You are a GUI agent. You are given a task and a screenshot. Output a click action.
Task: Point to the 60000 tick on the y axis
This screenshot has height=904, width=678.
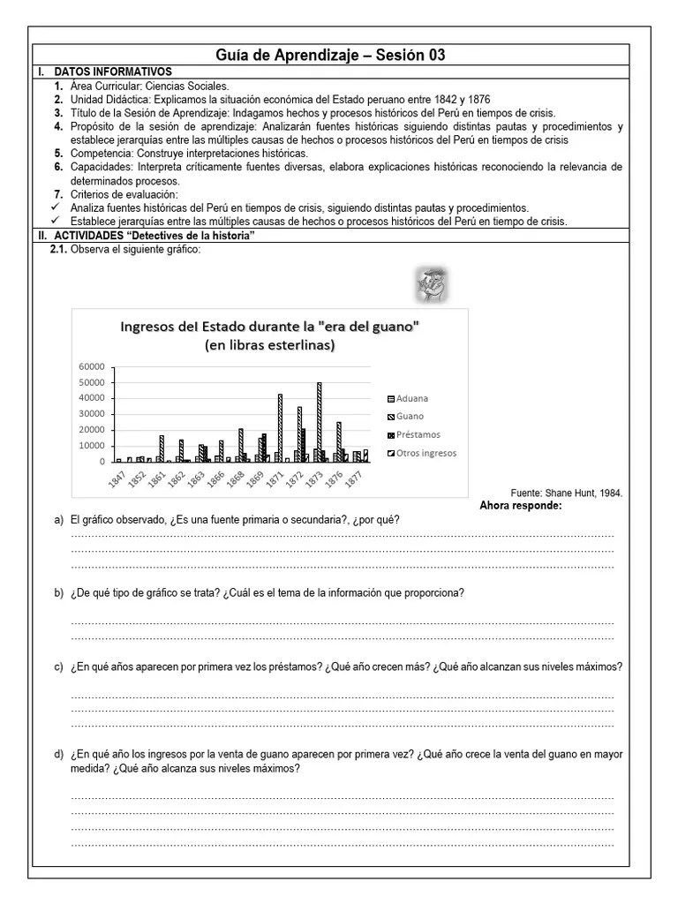coord(92,366)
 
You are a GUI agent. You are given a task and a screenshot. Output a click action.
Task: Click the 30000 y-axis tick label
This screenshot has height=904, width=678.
coord(92,414)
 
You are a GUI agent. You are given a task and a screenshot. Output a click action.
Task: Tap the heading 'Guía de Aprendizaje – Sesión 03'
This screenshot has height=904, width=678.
coord(330,55)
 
